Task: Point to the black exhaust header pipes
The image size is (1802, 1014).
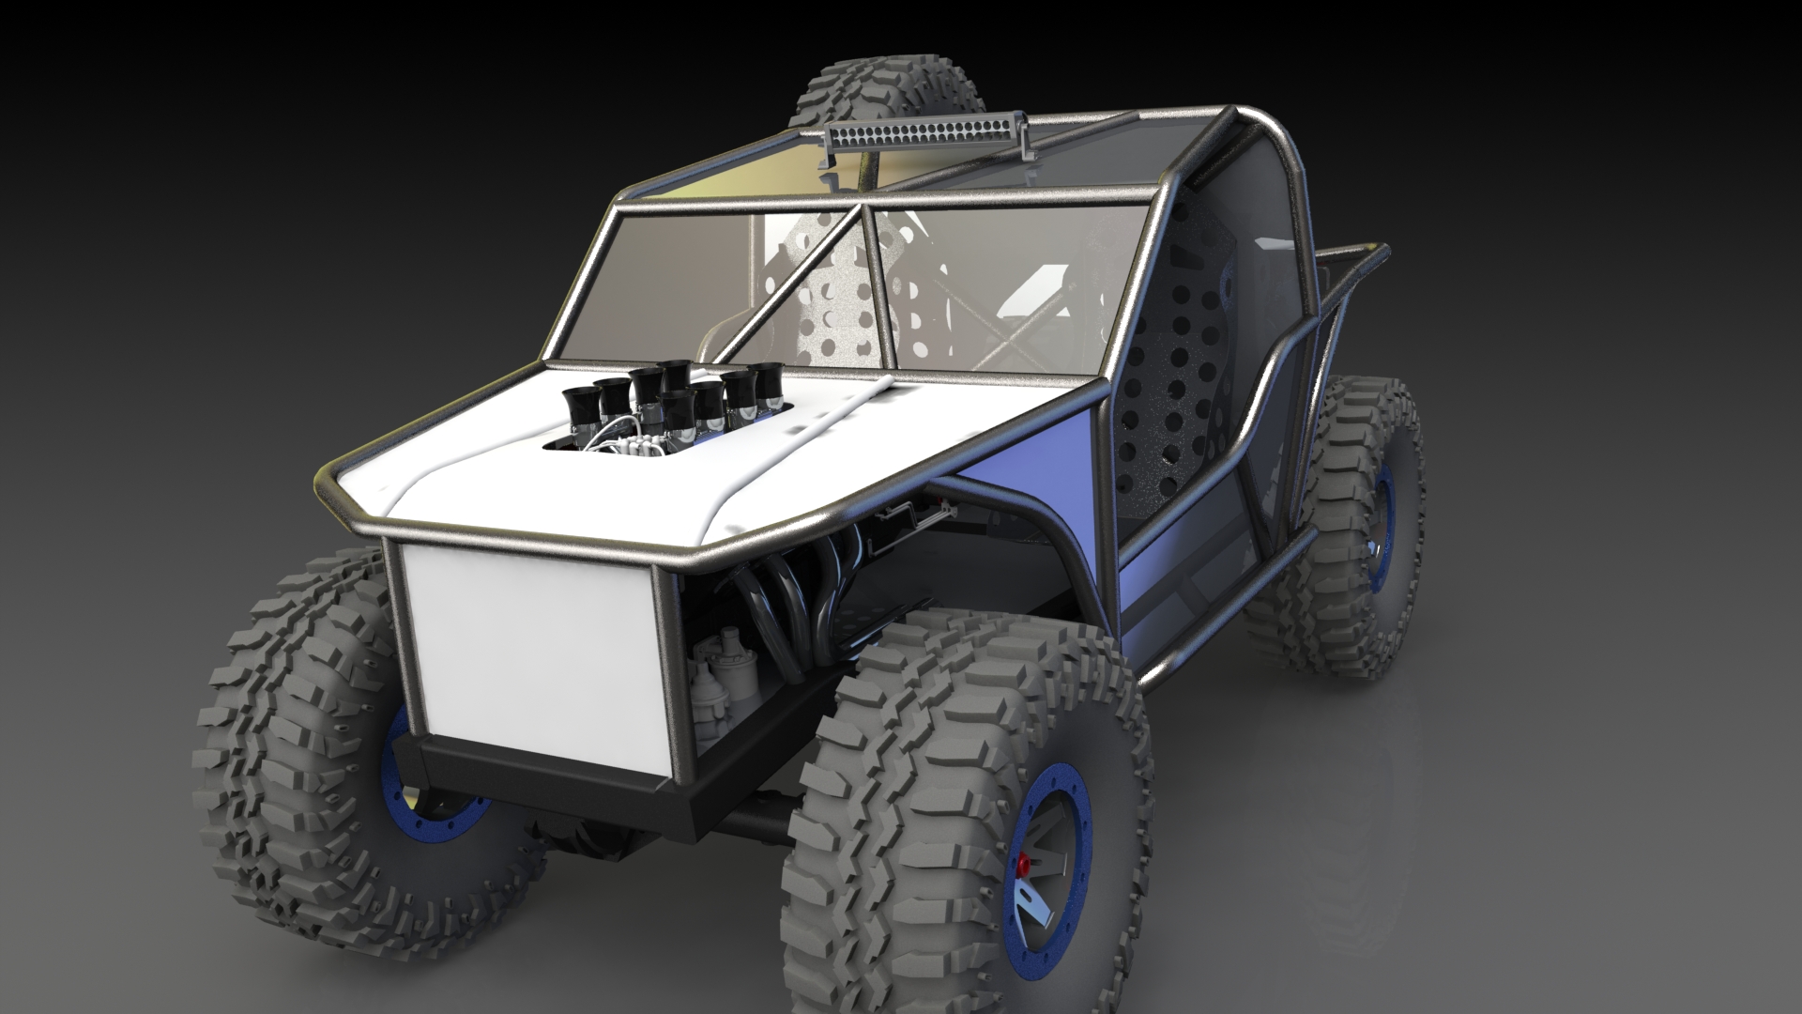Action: pyautogui.click(x=798, y=601)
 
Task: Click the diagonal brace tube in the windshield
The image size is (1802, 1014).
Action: pyautogui.click(x=807, y=282)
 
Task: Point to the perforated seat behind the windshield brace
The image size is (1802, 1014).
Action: pyautogui.click(x=845, y=310)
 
